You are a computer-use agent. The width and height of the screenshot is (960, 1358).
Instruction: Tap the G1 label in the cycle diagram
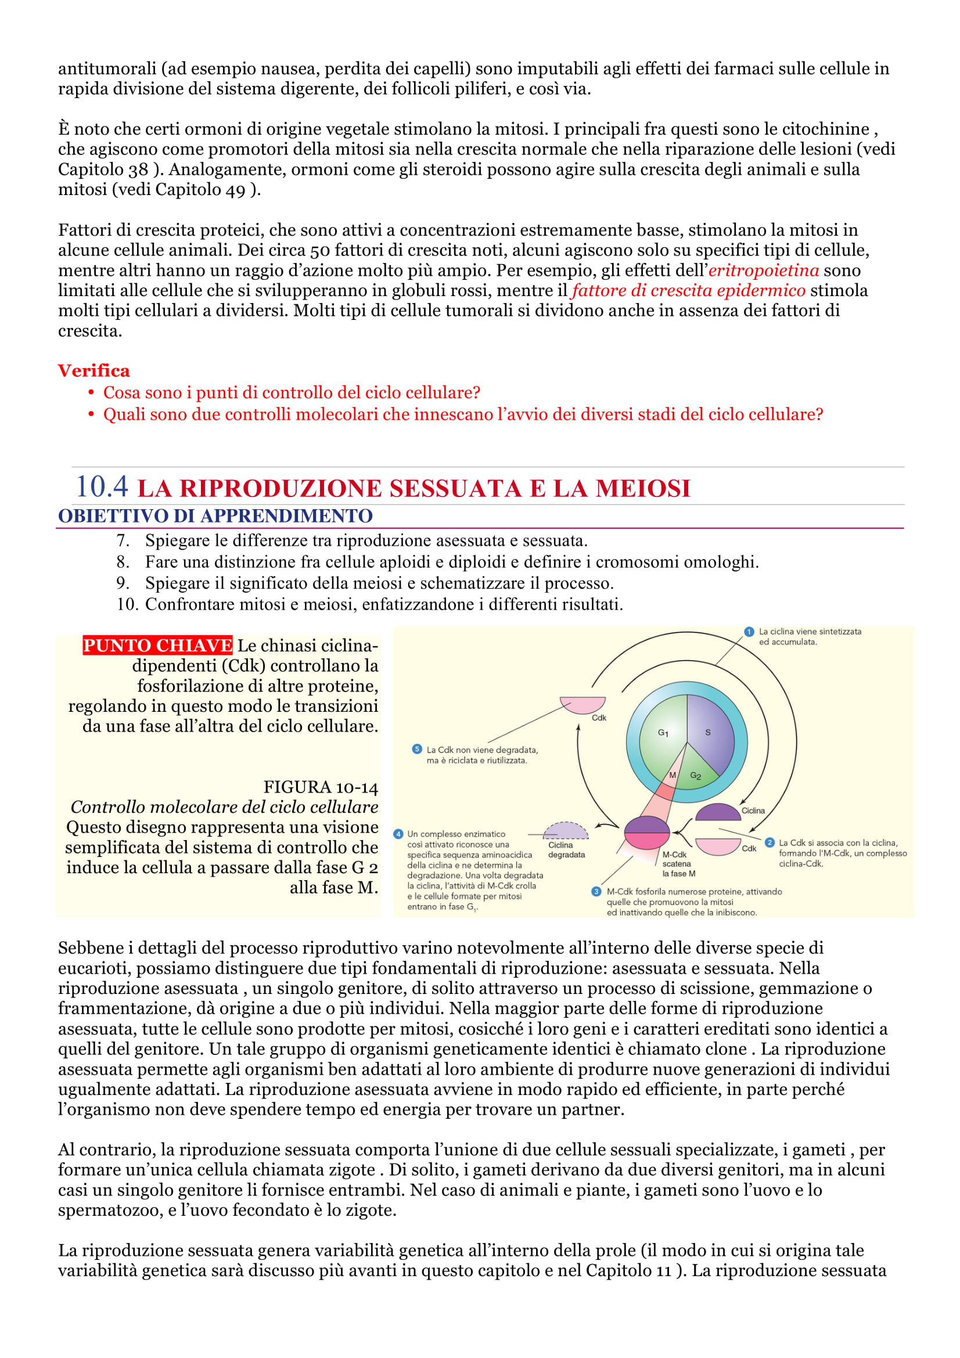[663, 733]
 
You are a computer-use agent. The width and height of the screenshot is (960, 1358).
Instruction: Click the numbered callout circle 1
[749, 632]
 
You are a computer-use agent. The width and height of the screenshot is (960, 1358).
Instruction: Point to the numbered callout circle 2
[770, 842]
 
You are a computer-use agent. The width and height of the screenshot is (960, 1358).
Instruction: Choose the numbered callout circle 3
[596, 891]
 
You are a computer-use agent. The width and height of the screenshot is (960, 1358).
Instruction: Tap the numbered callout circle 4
[398, 834]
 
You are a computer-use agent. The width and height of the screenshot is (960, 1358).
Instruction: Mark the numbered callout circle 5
[417, 750]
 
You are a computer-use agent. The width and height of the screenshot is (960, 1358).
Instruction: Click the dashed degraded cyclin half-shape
[566, 831]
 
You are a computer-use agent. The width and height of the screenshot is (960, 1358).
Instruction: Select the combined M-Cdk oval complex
[646, 833]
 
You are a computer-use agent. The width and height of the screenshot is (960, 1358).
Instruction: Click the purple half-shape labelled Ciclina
[717, 813]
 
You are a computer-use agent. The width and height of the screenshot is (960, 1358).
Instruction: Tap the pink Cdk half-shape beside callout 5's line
[583, 704]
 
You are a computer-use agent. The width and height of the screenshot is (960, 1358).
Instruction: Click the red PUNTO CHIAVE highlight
[157, 644]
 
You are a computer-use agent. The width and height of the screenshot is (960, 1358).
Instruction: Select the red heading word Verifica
[94, 371]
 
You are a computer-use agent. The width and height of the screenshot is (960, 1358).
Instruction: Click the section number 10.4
[102, 487]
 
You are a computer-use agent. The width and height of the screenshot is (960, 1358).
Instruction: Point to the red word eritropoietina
[763, 271]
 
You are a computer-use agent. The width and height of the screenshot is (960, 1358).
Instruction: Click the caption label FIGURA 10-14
[320, 787]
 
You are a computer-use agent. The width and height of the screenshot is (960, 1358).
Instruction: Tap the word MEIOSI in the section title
[643, 488]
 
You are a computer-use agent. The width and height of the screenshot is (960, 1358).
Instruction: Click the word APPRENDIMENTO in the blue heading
[286, 516]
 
